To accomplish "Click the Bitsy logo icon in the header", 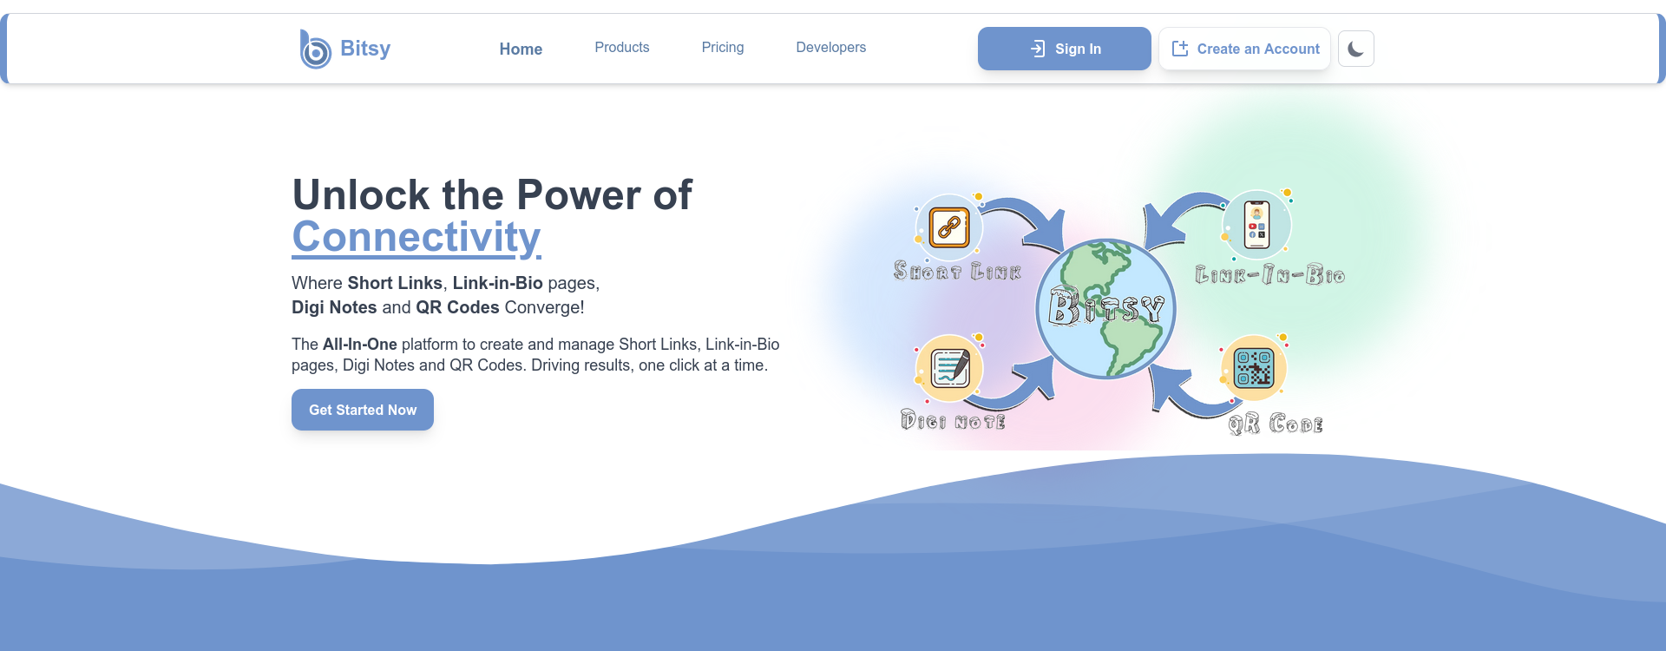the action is [315, 49].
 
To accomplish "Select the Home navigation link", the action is [521, 49].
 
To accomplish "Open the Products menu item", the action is [622, 48].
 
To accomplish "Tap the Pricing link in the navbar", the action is [723, 48].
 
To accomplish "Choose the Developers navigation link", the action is [831, 48].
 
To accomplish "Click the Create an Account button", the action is [1244, 49].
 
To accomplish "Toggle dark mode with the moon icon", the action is [1356, 49].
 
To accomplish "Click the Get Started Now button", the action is [363, 410].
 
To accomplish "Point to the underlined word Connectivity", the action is [416, 237].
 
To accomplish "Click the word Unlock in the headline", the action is [361, 194].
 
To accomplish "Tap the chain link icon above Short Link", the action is [949, 227].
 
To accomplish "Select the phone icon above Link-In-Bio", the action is [1256, 225].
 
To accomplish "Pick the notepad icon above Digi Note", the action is [950, 368].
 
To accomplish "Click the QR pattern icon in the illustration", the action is [1254, 368].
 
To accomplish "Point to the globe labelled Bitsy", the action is [1106, 309].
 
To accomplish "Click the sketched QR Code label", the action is [1276, 424].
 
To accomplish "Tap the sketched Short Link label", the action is [957, 272].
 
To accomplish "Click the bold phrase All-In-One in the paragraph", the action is [360, 345].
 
